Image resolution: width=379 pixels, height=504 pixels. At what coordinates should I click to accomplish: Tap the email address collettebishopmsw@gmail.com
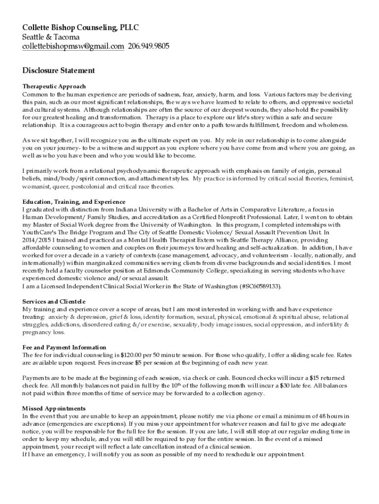point(73,47)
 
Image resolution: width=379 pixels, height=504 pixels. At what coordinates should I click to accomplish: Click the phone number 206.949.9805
point(149,47)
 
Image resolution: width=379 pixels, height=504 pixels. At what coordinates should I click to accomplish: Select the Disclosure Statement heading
point(59,71)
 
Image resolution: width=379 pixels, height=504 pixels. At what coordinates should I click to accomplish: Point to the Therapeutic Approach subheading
point(54,86)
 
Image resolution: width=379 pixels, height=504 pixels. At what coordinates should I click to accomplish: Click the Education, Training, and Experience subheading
point(74,202)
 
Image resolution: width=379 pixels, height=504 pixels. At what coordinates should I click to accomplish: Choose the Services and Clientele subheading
point(54,301)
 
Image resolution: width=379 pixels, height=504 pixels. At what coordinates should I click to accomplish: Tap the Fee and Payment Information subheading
point(64,347)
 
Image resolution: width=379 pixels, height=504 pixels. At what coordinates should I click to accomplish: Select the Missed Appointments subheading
point(54,409)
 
